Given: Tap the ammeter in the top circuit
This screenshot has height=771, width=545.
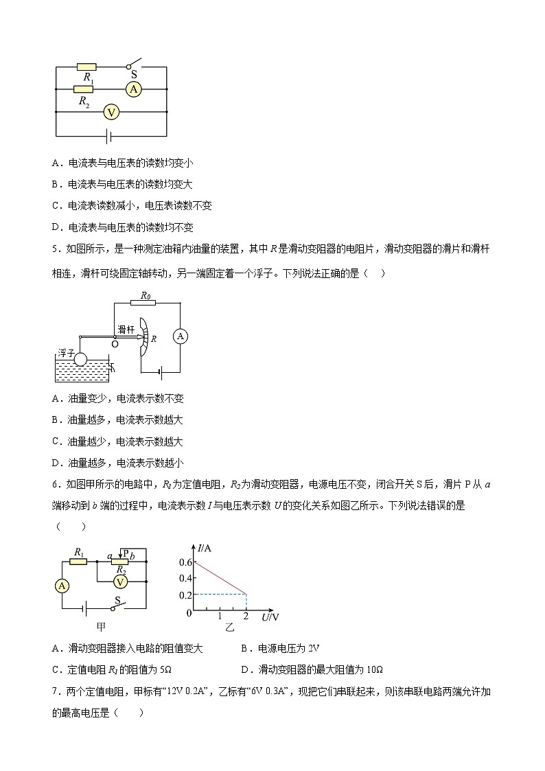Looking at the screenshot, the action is [x=134, y=89].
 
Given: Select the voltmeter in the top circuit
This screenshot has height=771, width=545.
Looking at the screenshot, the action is [x=111, y=111].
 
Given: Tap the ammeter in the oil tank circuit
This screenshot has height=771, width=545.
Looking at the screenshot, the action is [x=180, y=336].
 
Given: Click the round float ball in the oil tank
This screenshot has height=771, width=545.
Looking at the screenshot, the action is [x=81, y=359].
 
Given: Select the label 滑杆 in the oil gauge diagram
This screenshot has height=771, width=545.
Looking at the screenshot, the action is [x=126, y=330].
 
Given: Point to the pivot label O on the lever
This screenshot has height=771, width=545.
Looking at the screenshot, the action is [x=114, y=343].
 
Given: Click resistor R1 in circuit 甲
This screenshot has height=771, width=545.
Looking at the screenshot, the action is [x=78, y=561].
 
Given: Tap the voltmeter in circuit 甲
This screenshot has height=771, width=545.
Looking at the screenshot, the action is [x=120, y=582].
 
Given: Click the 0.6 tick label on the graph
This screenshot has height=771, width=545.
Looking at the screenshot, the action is [x=183, y=562].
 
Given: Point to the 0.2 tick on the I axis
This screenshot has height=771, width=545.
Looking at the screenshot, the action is [x=183, y=595].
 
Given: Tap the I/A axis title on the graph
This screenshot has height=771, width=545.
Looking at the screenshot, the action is [x=205, y=549].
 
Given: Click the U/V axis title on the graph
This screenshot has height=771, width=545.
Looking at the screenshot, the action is [x=270, y=617].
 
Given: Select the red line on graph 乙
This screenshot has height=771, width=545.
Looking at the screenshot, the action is [x=220, y=578].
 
